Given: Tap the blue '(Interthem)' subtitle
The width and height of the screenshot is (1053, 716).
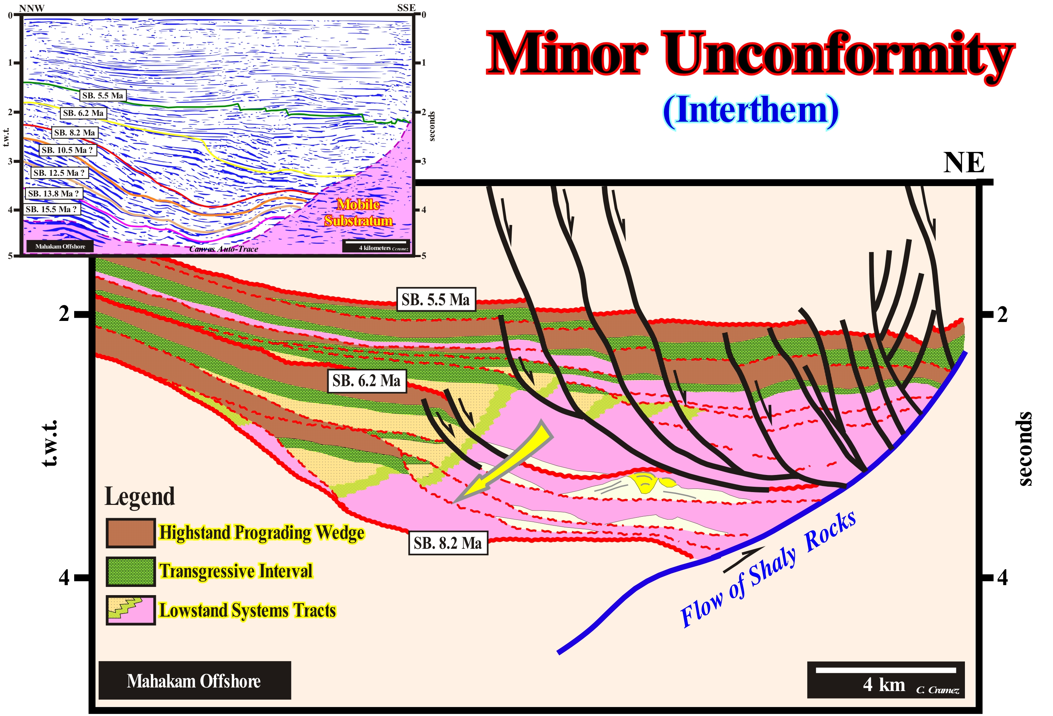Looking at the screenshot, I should pos(750,111).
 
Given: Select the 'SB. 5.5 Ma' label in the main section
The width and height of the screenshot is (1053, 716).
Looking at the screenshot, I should pos(435,300).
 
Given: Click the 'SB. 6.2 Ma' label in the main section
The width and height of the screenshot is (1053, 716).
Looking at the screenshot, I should pos(366,381).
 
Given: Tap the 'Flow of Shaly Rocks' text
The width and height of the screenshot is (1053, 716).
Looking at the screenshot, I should pos(768,571).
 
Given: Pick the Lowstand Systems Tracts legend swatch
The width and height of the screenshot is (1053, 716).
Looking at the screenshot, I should pos(131,610).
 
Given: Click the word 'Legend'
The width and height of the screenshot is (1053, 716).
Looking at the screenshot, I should pos(139,497).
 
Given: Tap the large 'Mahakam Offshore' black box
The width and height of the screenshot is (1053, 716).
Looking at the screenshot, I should pos(194,681).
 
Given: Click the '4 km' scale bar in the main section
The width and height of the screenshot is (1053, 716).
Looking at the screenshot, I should pos(885,680).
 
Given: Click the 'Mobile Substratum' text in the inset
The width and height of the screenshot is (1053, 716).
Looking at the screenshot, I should pos(358,213).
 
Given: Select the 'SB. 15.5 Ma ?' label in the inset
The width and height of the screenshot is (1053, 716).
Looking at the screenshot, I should pos(51,209).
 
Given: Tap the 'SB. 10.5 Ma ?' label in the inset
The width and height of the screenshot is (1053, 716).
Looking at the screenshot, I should pos(67,150).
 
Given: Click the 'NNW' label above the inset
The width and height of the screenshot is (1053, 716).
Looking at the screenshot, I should pos(32,8).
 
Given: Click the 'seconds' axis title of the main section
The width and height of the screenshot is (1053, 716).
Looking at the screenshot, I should pos(1025,449).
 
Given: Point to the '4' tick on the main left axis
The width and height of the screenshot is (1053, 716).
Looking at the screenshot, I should pos(64,578).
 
